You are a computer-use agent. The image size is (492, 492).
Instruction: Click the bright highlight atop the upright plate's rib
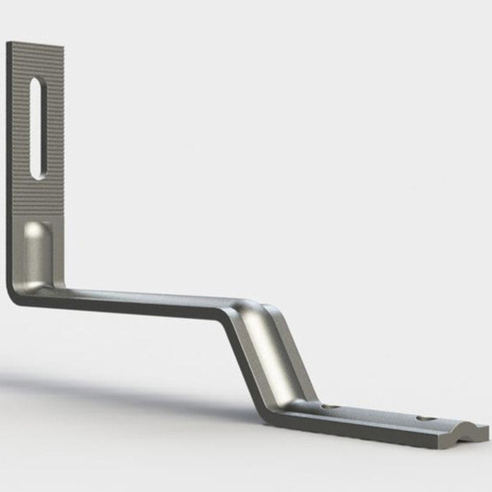(x=35, y=230)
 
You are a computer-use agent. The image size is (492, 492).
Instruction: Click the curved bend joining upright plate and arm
(x=18, y=293)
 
